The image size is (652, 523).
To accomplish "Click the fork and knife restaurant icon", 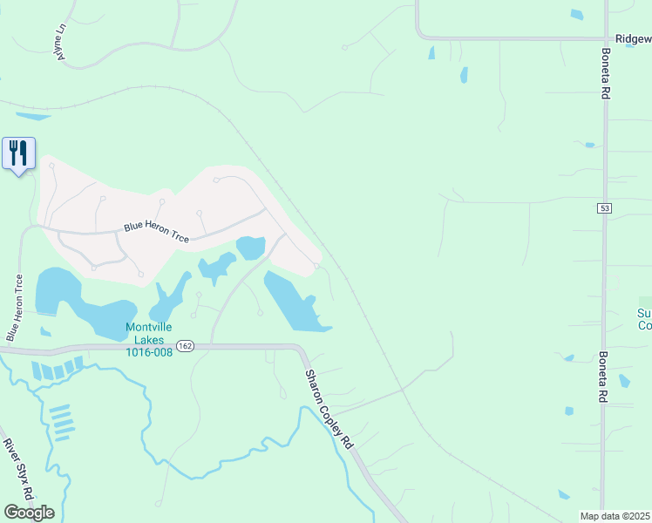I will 18,153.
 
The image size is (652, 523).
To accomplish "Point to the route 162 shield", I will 185,346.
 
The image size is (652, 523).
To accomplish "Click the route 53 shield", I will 604,208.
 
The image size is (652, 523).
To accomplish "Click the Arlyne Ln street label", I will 60,40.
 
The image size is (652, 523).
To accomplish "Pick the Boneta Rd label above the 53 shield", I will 604,74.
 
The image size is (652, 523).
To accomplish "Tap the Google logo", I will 29,512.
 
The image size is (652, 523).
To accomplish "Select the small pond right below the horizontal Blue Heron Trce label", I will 250,248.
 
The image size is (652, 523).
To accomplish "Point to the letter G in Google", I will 10,512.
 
